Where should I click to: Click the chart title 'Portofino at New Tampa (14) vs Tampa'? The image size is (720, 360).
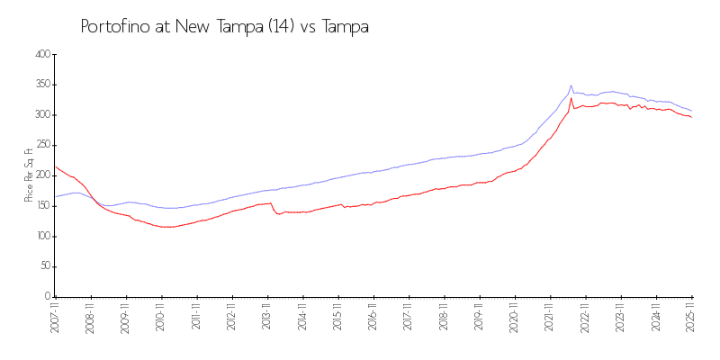tap(225, 27)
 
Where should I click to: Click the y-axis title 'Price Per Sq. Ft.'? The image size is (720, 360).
tap(29, 175)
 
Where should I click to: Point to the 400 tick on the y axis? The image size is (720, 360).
tap(40, 54)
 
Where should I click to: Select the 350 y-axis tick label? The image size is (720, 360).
tap(40, 85)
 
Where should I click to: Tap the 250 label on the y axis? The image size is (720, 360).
tap(40, 145)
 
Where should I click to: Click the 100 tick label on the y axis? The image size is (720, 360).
tap(40, 236)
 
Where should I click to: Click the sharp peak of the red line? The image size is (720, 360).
tap(571, 98)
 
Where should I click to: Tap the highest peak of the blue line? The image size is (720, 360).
tap(571, 85)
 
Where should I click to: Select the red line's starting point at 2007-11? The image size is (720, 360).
tap(54, 166)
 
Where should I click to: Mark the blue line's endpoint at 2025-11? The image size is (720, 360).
tap(691, 111)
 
